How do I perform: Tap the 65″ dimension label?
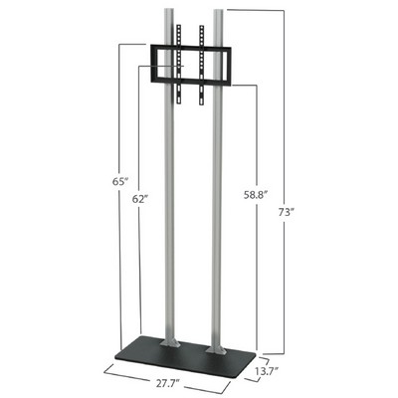[119, 181]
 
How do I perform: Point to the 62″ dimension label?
[139, 199]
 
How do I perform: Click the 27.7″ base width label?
[167, 384]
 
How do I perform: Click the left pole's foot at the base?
[170, 341]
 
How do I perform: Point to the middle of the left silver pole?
[169, 209]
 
